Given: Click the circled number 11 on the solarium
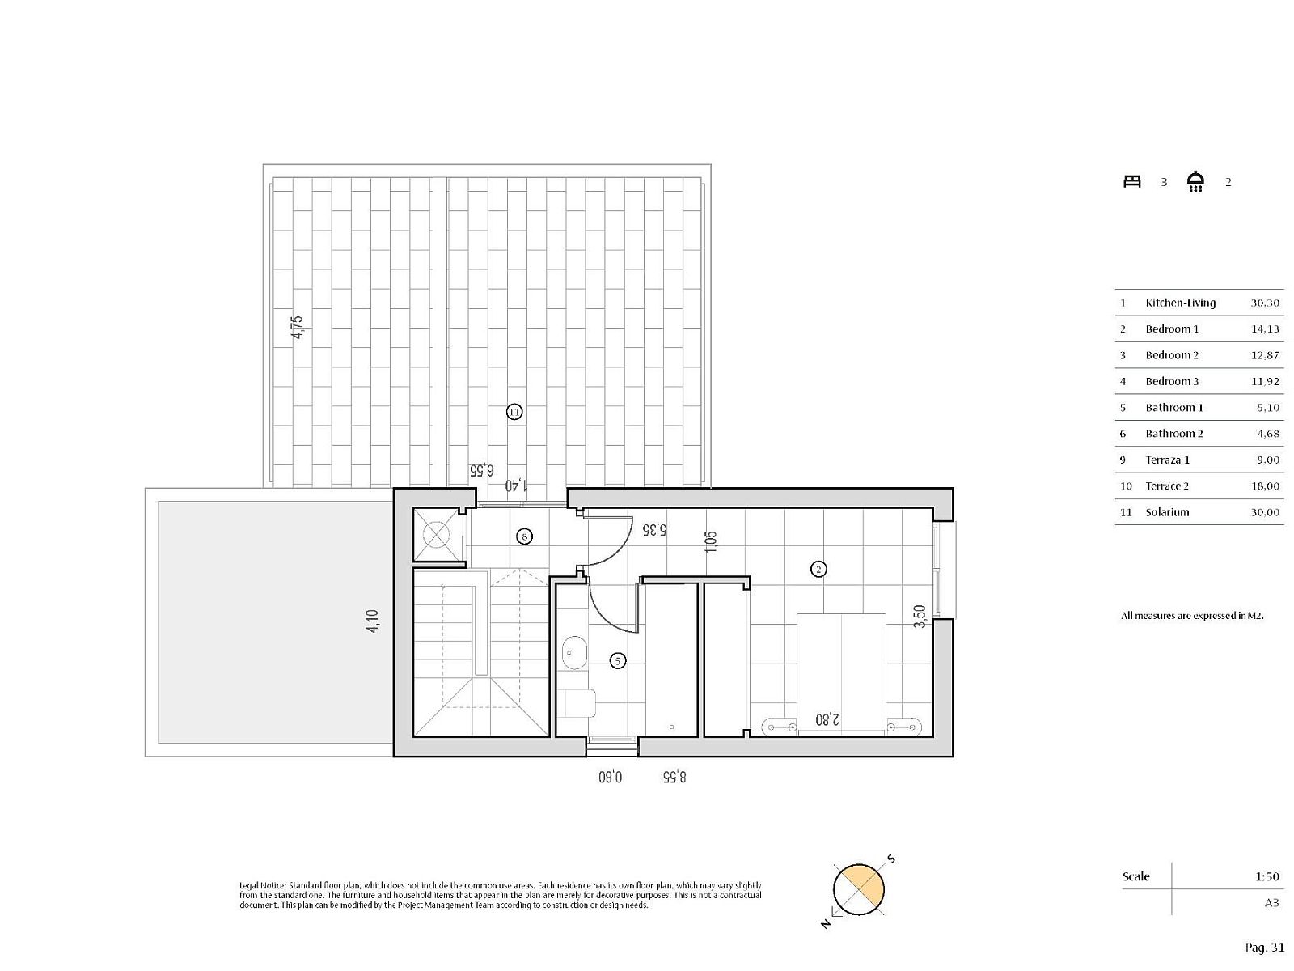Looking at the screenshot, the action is point(514,412).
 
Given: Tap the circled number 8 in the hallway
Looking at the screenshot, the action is point(524,536).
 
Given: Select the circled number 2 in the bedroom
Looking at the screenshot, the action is point(818,569).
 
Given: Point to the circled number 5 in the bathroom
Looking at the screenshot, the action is point(618,661).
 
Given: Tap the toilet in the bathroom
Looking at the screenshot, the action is point(577,703).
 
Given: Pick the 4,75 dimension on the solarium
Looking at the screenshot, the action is point(298,327).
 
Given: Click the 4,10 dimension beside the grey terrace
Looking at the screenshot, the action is point(372,621).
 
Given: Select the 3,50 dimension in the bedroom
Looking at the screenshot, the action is point(919,617).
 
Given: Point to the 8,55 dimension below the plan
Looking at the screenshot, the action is point(674,777).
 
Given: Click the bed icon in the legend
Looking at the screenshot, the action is point(1132,181).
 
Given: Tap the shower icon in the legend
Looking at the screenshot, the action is point(1195,181).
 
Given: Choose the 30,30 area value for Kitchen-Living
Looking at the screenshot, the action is point(1265,303).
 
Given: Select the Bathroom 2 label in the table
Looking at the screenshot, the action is point(1174,434).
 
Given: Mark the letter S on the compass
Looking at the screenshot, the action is point(892,859).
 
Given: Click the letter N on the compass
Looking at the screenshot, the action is point(826,924).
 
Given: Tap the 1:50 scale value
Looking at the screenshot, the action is point(1267,876).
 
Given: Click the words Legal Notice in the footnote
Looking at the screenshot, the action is point(263,885).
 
